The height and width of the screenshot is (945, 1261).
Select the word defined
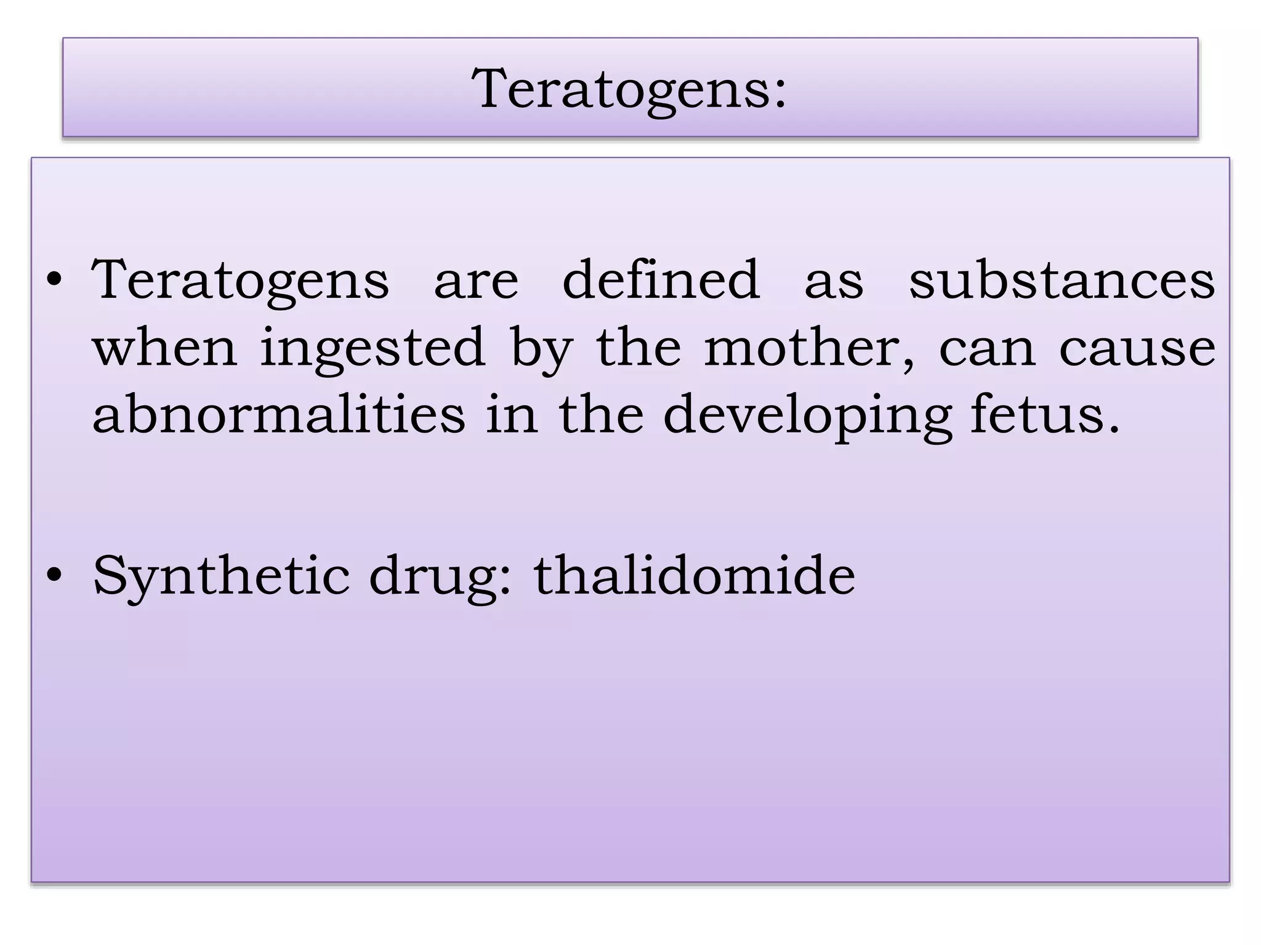point(661,280)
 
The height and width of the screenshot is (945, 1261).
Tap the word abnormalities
point(279,415)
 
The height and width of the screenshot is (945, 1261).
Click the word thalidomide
point(694,575)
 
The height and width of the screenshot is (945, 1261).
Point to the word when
point(165,348)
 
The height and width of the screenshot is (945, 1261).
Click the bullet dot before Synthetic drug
point(55,576)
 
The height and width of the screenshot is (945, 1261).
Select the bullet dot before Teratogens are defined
point(55,282)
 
